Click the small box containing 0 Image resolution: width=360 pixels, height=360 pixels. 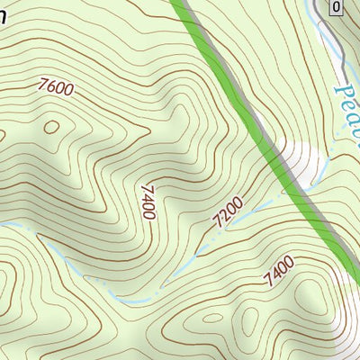336,8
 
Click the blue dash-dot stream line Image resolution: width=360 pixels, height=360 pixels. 135,298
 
